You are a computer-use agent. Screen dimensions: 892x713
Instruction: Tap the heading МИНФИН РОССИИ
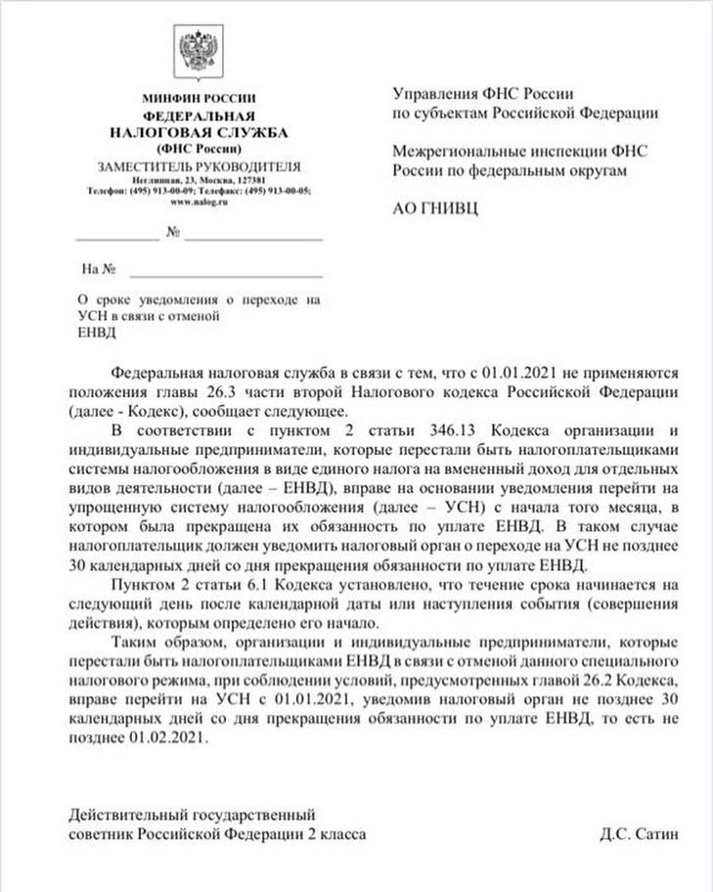[198, 98]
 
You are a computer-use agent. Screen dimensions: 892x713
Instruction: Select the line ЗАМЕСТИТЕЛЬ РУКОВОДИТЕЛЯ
[198, 165]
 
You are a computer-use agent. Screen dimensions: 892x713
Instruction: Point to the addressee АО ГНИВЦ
[435, 209]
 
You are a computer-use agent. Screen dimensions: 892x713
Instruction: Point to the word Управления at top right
[434, 94]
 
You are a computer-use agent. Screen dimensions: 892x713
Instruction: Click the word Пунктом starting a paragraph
[143, 584]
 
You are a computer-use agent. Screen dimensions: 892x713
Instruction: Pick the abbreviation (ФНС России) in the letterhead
[198, 149]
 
